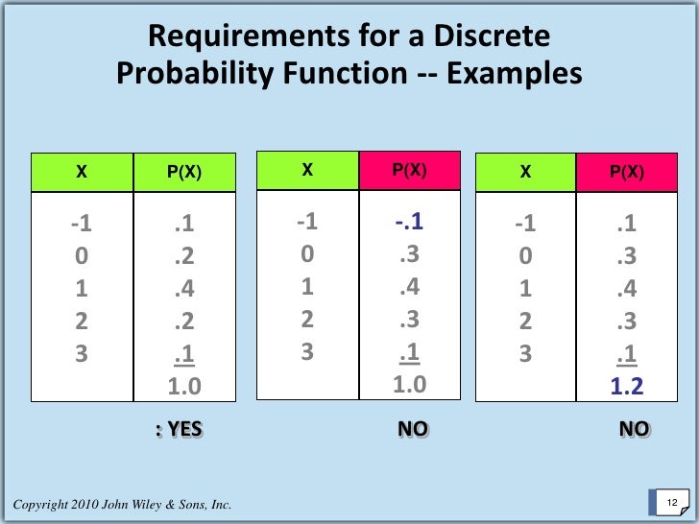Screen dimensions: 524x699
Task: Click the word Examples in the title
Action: coord(512,75)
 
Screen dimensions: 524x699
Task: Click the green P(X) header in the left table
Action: coord(183,173)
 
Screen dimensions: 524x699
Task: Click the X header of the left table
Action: coord(82,173)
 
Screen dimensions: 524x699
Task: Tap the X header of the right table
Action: coord(525,173)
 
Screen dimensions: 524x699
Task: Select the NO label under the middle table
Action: coord(413,430)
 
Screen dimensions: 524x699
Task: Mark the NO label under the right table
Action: coord(634,430)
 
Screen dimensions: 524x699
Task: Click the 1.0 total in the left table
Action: coord(184,388)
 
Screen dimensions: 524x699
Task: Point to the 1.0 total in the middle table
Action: coord(410,385)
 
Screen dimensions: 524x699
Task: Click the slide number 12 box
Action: coord(671,504)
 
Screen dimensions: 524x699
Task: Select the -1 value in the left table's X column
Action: coord(82,224)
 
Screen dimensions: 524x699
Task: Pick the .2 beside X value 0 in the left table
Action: coord(184,256)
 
